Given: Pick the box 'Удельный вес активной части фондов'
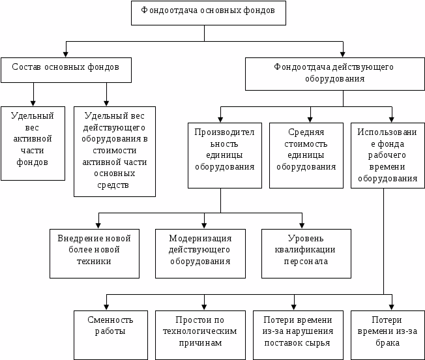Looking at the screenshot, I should click(x=33, y=143).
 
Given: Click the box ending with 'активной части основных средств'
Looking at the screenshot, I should click(x=115, y=151).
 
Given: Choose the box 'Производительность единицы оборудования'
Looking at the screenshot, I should click(x=220, y=155).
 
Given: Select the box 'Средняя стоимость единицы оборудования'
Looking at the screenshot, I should click(x=306, y=155).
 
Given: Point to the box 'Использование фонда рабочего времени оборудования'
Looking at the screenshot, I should click(x=387, y=155).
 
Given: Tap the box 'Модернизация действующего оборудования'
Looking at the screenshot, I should click(x=200, y=253).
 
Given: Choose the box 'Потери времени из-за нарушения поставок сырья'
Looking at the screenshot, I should click(x=297, y=332).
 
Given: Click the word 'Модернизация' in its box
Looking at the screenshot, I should click(x=200, y=238).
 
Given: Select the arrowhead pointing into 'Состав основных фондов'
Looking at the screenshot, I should click(x=65, y=53).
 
